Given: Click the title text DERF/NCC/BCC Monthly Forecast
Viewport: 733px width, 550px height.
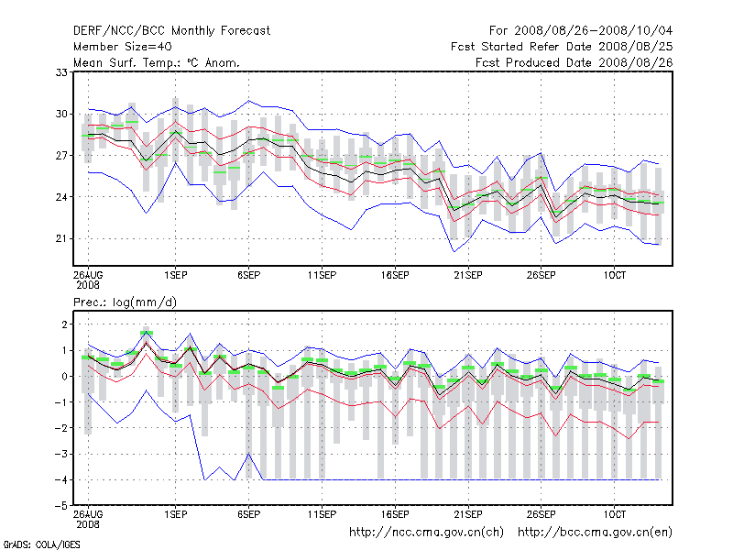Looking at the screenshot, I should (x=171, y=31).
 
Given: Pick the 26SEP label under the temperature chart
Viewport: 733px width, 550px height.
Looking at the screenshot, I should (x=540, y=275).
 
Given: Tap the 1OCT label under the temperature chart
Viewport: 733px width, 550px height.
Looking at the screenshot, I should (x=613, y=275).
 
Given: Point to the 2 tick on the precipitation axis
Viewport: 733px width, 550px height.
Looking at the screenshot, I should (x=63, y=324).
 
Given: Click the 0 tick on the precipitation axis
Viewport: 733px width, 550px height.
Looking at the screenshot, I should (x=63, y=377).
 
